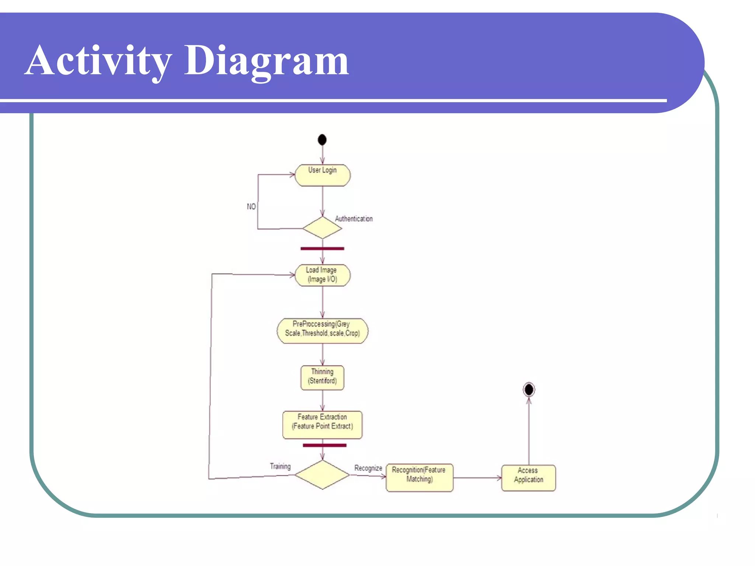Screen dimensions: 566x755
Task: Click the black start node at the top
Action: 322,140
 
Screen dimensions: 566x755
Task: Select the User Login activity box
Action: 323,175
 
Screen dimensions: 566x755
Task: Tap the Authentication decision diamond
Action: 322,228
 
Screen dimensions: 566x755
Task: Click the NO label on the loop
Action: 251,206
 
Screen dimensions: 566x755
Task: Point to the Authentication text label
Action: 354,219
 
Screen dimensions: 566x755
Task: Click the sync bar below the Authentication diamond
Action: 322,249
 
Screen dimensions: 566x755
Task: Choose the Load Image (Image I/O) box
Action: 323,275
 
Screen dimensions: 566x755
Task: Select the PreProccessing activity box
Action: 323,331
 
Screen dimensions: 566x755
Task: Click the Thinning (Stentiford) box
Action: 323,377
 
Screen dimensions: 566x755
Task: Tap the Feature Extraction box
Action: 323,424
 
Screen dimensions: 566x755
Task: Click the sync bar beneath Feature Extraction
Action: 324,445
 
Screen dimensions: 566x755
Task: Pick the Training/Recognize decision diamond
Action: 322,475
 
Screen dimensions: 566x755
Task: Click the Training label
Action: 280,466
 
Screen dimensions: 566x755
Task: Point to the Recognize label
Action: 368,468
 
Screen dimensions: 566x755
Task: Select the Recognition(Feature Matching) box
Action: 419,477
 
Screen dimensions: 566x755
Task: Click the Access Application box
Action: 528,478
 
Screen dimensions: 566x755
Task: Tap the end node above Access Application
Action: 529,389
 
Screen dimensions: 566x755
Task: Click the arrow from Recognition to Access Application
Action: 477,478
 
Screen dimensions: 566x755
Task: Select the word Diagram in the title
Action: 266,61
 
